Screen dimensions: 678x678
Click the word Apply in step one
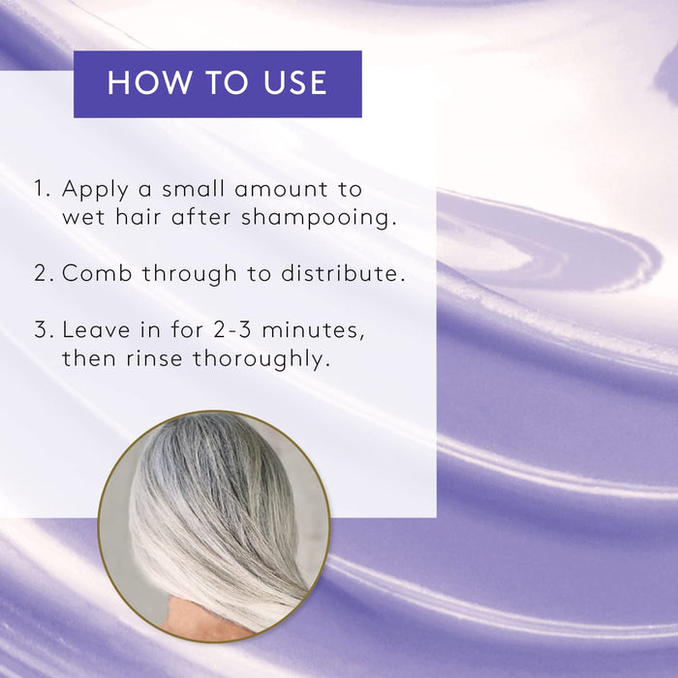95,190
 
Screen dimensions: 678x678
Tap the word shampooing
319,218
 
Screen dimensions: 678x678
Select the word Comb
97,273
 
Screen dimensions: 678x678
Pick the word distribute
343,273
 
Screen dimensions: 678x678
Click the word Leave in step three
96,330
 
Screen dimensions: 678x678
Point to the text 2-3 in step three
232,330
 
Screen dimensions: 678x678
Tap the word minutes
313,331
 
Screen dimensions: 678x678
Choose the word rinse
154,358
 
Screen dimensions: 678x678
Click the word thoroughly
262,359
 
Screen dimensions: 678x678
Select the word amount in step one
281,189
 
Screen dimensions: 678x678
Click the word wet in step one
83,217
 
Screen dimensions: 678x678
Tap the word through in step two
190,274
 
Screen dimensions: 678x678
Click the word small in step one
193,188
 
